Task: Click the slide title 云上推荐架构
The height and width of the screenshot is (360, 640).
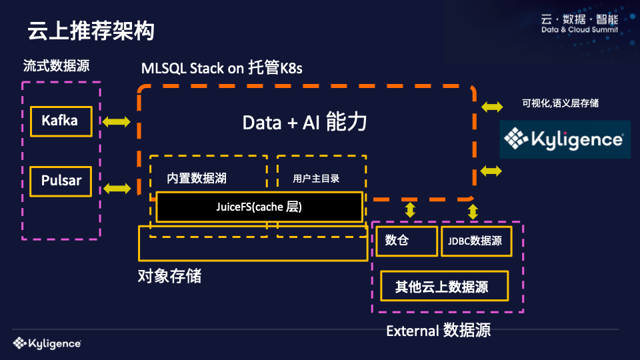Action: (x=91, y=31)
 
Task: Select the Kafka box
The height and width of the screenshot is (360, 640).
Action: (x=59, y=121)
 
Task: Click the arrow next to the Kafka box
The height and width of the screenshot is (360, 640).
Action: (x=117, y=121)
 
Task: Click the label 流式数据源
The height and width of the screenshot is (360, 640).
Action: (x=56, y=67)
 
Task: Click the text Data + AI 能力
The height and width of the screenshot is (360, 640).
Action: (x=304, y=123)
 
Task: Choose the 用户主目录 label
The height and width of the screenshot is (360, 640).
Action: (x=316, y=179)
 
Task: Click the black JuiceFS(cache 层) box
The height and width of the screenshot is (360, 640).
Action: (x=259, y=207)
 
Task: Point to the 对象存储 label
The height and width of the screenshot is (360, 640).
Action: (x=169, y=276)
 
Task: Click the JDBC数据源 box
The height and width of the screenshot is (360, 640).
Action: (x=476, y=241)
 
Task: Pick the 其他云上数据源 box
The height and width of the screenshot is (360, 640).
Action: (x=444, y=287)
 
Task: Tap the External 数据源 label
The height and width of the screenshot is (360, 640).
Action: (x=438, y=330)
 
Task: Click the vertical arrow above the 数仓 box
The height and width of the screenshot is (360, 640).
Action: (x=410, y=210)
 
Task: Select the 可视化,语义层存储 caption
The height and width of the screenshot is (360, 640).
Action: (x=560, y=103)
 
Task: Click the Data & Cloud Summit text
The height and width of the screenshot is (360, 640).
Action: (x=579, y=30)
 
